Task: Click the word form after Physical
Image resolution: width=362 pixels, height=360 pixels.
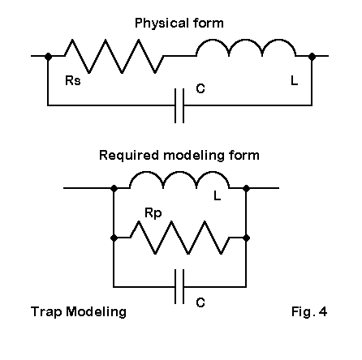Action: pyautogui.click(x=209, y=23)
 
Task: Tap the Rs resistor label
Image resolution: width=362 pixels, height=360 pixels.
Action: pyautogui.click(x=73, y=80)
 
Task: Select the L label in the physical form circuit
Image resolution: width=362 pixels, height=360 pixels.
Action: pyautogui.click(x=295, y=80)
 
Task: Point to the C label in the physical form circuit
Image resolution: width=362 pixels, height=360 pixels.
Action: pyautogui.click(x=200, y=88)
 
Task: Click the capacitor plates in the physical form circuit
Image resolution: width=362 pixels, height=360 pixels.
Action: pyautogui.click(x=179, y=105)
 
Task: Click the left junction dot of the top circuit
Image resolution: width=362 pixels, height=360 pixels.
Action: pyautogui.click(x=48, y=57)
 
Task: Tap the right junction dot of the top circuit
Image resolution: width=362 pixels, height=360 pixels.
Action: pyautogui.click(x=312, y=57)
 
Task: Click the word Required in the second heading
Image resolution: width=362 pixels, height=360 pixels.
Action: pyautogui.click(x=129, y=156)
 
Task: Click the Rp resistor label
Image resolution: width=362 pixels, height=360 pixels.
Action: pyautogui.click(x=153, y=213)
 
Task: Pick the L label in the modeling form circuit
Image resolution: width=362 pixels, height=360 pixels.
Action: pyautogui.click(x=218, y=195)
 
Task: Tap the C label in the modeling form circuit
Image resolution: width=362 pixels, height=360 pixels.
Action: pyautogui.click(x=200, y=302)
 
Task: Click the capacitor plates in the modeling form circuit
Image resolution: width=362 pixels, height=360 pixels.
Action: pyautogui.click(x=179, y=287)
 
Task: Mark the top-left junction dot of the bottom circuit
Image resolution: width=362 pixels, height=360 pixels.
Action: pyautogui.click(x=114, y=188)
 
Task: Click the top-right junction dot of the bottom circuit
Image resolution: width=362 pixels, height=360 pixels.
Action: pyautogui.click(x=246, y=188)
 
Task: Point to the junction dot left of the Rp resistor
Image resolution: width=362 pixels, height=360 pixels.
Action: pyautogui.click(x=114, y=238)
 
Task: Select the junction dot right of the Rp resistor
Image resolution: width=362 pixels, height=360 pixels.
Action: pyautogui.click(x=246, y=238)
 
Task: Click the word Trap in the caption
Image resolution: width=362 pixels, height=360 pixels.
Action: pyautogui.click(x=46, y=312)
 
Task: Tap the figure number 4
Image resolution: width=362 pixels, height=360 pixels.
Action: pyautogui.click(x=323, y=311)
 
